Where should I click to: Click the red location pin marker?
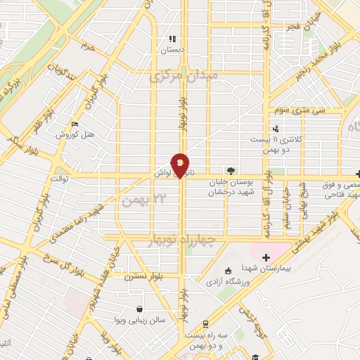[x=181, y=165]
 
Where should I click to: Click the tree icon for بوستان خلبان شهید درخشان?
[x=231, y=171]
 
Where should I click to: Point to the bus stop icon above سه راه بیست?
[x=205, y=324]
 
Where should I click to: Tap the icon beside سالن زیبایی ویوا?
[x=140, y=309]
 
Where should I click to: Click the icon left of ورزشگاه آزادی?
[x=226, y=272]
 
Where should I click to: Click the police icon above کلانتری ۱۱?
[x=276, y=129]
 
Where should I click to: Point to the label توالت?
[x=58, y=179]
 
